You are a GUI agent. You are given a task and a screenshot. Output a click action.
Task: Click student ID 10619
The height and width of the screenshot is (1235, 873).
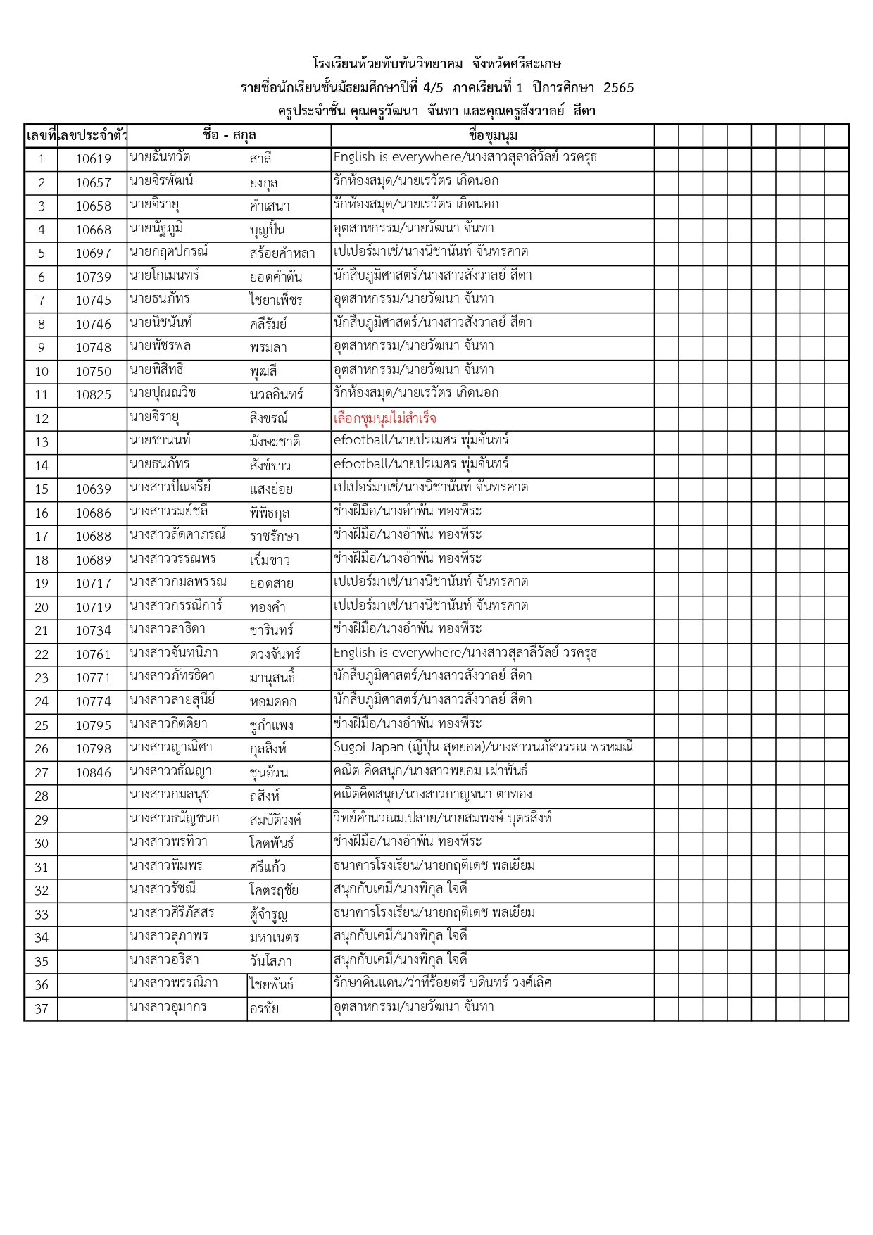tap(93, 159)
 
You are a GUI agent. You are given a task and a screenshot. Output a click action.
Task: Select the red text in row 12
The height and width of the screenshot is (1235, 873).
tap(384, 419)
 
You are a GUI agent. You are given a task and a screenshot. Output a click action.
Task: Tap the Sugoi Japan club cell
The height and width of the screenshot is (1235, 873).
tap(483, 748)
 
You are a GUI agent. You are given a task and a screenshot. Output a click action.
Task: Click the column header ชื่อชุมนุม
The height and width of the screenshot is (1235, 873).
tap(492, 136)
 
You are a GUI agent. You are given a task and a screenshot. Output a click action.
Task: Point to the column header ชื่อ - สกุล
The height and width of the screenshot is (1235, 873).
tap(229, 136)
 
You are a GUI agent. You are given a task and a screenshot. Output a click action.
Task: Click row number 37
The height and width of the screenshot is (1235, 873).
tap(42, 1008)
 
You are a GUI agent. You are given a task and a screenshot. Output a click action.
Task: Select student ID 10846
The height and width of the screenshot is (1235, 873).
tap(93, 773)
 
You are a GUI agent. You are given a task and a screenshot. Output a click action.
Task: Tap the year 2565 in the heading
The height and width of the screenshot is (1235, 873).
tap(619, 88)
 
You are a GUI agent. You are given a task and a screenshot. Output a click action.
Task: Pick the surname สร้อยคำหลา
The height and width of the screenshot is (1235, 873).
tap(282, 253)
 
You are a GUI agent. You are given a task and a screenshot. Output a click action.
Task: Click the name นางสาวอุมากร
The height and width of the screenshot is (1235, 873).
tap(168, 1007)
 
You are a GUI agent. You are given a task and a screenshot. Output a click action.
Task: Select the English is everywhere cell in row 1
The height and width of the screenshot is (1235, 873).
tap(465, 158)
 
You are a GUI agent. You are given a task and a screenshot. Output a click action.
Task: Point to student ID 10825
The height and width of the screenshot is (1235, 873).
tap(93, 395)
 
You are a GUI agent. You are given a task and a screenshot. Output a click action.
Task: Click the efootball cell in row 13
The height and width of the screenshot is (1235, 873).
tap(421, 441)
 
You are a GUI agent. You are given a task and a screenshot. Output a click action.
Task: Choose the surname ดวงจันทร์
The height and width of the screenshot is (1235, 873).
tap(275, 655)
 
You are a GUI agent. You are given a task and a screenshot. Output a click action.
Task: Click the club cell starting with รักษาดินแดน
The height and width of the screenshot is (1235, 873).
tap(442, 983)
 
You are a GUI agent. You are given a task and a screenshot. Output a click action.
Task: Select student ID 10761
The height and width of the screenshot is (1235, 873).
tap(93, 655)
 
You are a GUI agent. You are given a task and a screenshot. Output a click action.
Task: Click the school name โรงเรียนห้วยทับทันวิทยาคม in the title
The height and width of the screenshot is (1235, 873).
tap(388, 65)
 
